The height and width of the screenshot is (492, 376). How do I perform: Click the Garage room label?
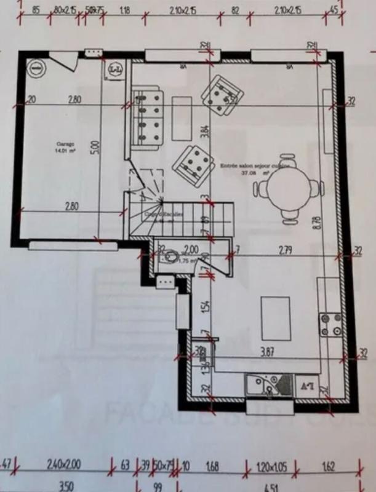tap(60, 147)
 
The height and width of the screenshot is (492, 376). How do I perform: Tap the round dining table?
tap(289, 189)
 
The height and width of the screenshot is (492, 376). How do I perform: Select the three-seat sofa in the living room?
tap(148, 117)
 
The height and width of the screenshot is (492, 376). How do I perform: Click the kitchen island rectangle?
tap(276, 318)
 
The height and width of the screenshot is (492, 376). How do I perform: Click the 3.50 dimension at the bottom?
tap(65, 486)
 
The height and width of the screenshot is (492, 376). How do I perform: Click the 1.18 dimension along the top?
tap(125, 10)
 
